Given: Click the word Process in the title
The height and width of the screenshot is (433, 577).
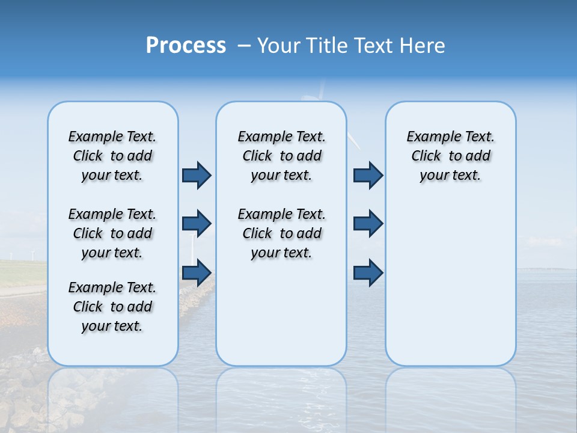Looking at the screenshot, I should pos(186,46).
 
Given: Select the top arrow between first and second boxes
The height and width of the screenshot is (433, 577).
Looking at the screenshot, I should pos(196,175).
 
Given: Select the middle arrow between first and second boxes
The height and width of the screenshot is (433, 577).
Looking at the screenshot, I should pos(196,224).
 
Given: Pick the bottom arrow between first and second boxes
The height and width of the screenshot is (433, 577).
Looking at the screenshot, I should pos(196,272).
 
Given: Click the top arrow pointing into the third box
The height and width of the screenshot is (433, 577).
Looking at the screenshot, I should pos(368,175).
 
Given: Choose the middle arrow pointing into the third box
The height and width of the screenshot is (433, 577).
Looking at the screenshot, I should pos(368,224).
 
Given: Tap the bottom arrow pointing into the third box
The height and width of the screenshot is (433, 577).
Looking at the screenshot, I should pos(368,272).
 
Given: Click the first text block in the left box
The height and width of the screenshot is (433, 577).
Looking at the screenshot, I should pos(112,156).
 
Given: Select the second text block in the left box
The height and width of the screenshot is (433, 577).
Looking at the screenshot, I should pos(112,233).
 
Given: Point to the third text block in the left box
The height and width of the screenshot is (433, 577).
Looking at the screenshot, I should pos(112,307).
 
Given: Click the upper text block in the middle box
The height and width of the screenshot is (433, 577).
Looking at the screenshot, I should pos(281,156).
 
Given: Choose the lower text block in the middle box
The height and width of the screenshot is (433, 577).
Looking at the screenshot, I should pos(281,233).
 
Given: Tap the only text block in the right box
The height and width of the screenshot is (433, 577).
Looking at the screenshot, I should pos(450,156).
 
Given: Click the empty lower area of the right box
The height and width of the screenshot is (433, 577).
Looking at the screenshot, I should pos(450,283).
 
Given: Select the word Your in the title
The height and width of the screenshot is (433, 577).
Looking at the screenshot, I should pos(278,46).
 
